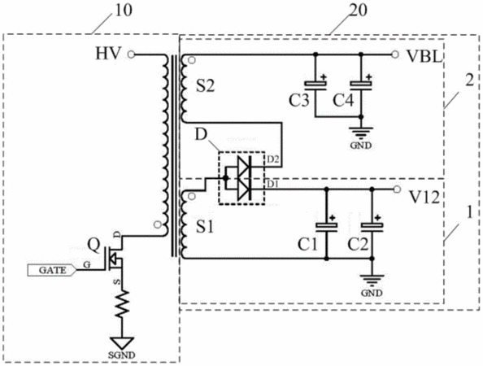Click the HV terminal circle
(x=131, y=54)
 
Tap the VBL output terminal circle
(x=395, y=54)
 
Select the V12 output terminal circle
(x=397, y=189)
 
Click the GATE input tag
(x=52, y=270)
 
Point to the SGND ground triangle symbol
(x=122, y=343)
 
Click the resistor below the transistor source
(x=122, y=303)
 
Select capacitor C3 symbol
(x=315, y=84)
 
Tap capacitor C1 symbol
(x=327, y=225)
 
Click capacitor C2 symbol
(x=372, y=225)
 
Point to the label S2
(x=206, y=86)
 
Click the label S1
(x=205, y=228)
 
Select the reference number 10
(x=124, y=10)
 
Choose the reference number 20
(x=359, y=10)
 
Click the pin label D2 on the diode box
(x=273, y=159)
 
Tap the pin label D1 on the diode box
(x=272, y=184)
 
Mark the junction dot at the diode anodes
(x=225, y=178)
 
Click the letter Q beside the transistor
(x=94, y=246)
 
